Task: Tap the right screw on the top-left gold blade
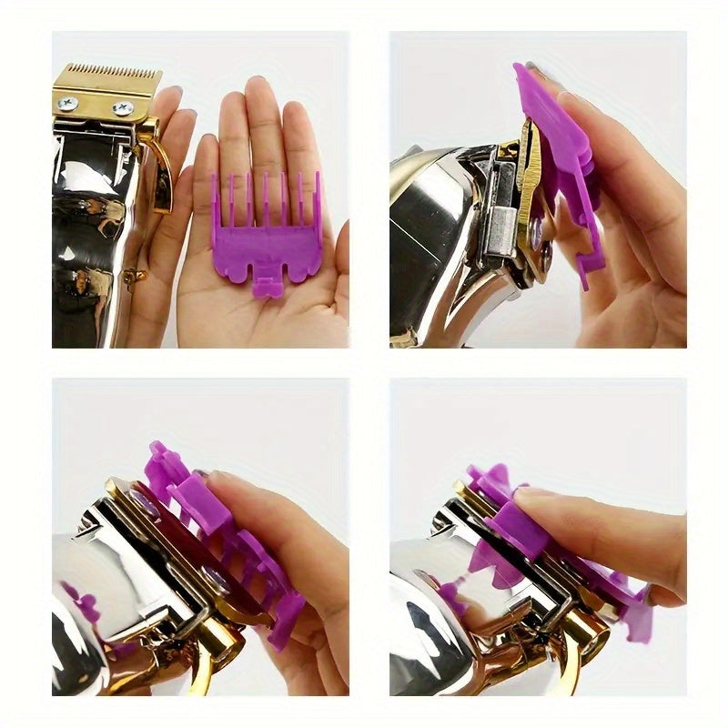tap(121, 108)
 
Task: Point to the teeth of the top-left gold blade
tap(106, 70)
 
